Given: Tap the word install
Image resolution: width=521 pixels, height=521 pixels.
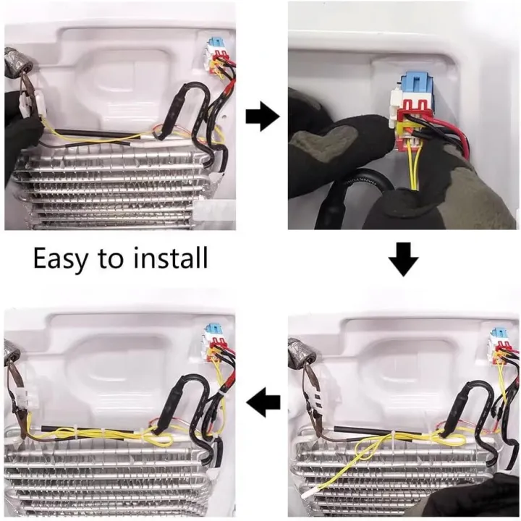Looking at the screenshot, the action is (171, 257).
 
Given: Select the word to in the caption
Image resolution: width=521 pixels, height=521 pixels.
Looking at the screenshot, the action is (110, 259).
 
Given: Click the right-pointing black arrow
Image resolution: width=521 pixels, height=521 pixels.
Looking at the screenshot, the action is (263, 117).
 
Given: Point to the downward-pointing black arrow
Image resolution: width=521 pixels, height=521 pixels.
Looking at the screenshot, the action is (403, 259).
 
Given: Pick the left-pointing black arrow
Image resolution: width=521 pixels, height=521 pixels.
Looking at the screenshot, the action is (263, 403).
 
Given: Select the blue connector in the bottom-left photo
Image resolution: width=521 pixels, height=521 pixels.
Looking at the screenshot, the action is (213, 330).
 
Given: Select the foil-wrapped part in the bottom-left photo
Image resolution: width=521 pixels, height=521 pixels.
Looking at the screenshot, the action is (12, 350).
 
